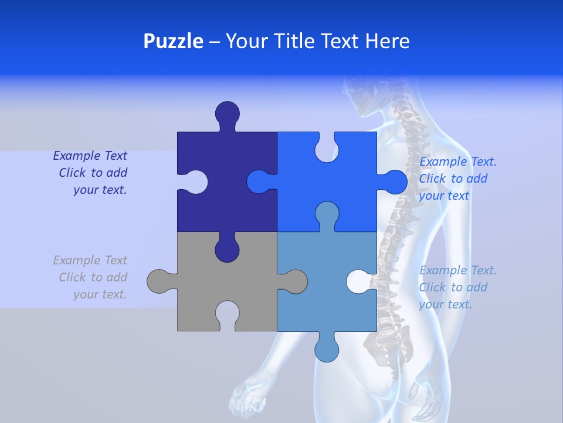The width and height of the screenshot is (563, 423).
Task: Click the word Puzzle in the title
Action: coord(173,41)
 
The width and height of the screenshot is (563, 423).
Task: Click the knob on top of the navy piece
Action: coord(227,113)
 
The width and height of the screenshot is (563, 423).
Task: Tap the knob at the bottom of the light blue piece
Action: coord(327,348)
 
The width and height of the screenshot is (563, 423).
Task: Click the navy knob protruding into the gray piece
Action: coord(227,249)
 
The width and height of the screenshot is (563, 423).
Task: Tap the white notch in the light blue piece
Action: coord(359,281)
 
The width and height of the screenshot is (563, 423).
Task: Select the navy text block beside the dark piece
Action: coord(91,173)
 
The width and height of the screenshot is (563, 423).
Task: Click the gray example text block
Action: coord(91,277)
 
